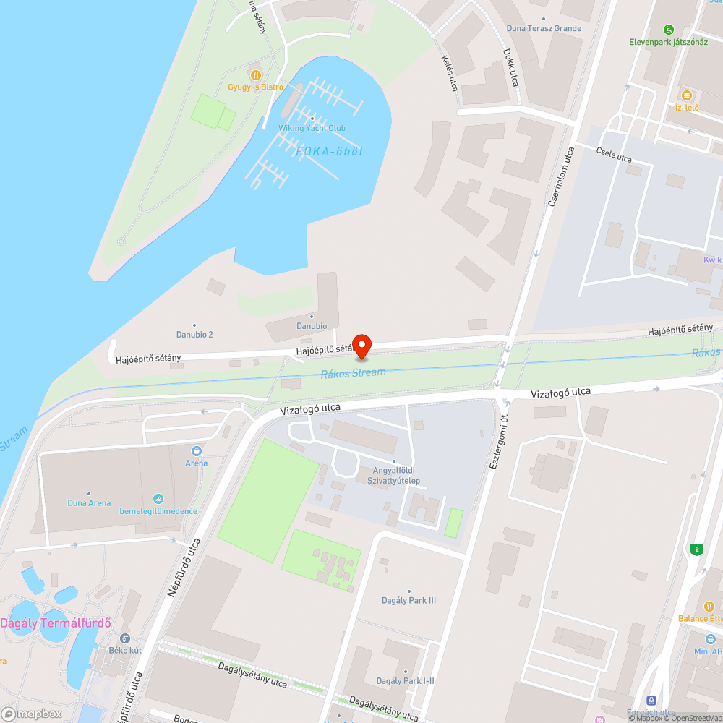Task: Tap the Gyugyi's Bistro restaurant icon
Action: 255,74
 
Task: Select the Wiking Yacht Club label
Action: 312,128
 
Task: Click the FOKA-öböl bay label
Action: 329,151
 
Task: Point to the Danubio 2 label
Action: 194,334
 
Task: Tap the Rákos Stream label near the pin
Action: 354,372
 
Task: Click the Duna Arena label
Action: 89,502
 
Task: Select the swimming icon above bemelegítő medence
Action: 158,500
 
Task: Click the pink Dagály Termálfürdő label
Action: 55,623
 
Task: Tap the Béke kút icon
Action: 125,638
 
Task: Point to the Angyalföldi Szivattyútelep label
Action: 394,475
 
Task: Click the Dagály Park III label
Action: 408,600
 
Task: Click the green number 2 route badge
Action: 697,549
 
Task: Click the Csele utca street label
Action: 614,155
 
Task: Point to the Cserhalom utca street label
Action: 560,177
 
